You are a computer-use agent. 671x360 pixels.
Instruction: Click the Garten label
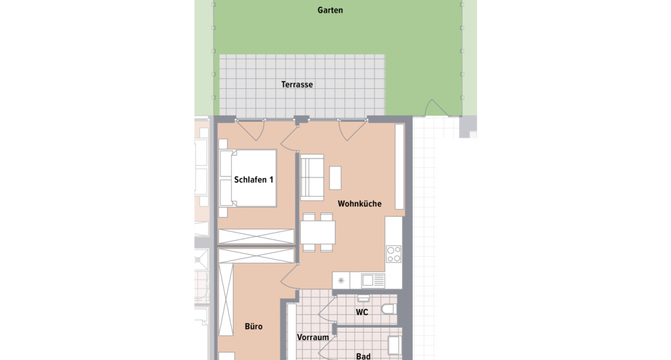point(331,10)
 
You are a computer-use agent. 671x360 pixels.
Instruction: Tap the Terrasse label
point(297,85)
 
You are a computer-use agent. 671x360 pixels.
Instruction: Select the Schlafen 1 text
point(254,179)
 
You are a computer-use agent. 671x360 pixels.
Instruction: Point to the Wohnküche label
point(360,203)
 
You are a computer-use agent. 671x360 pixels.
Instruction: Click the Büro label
point(253,326)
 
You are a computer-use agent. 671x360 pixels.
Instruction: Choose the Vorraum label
point(313,337)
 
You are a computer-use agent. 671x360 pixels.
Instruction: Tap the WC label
point(361,312)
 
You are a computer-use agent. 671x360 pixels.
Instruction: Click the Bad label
point(363,356)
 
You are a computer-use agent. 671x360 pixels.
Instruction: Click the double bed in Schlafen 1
point(248,178)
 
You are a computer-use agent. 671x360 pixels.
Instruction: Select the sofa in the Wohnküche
point(311,178)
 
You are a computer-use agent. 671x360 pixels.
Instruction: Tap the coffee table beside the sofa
point(335,178)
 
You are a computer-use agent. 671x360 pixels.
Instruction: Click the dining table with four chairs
point(318,232)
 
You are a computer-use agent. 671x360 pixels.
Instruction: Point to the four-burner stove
point(394,254)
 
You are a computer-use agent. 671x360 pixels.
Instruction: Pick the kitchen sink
point(372,280)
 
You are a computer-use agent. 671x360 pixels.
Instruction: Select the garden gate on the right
point(436,109)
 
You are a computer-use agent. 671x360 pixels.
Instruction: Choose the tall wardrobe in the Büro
point(226,299)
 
